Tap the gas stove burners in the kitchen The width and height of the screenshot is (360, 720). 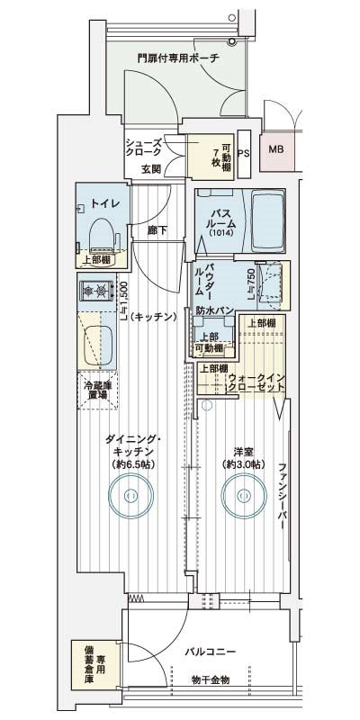pyautogui.click(x=96, y=290)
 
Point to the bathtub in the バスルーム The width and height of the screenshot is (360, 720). pyautogui.click(x=268, y=221)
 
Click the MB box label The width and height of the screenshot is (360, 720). pyautogui.click(x=276, y=149)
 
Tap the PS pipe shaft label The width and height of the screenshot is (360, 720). pyautogui.click(x=244, y=154)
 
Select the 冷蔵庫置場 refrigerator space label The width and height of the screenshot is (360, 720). pyautogui.click(x=98, y=390)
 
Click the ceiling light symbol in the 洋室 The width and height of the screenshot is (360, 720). pyautogui.click(x=244, y=496)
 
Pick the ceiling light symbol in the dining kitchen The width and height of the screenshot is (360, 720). pyautogui.click(x=131, y=496)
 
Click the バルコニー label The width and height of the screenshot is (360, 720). pyautogui.click(x=211, y=651)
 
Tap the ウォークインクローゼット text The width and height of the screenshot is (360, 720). pyautogui.click(x=256, y=382)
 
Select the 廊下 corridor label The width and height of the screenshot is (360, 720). pyautogui.click(x=157, y=231)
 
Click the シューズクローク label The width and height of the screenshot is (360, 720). pyautogui.click(x=144, y=148)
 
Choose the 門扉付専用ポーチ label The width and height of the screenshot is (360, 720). pyautogui.click(x=178, y=58)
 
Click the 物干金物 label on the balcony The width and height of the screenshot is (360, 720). pyautogui.click(x=211, y=679)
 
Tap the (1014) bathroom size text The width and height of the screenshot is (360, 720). pyautogui.click(x=222, y=233)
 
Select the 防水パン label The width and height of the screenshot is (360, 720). pyautogui.click(x=210, y=310)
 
